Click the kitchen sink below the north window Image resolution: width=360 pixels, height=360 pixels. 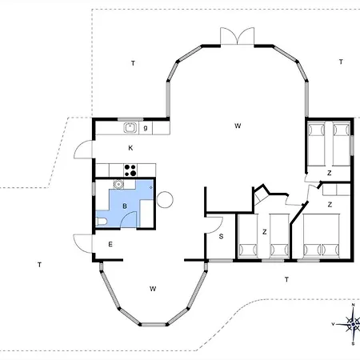130,127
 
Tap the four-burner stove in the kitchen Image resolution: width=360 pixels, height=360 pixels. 130,170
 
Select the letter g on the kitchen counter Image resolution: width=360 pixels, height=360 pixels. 146,128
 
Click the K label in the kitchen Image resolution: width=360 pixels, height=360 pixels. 130,148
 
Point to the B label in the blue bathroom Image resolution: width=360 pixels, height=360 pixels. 125,206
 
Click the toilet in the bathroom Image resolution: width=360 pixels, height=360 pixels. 101,222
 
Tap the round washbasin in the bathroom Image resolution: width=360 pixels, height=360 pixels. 118,184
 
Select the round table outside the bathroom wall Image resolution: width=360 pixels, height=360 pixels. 165,200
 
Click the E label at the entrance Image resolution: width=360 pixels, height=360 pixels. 110,244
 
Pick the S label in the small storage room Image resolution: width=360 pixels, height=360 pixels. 221,236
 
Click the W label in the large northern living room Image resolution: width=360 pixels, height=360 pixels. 238,126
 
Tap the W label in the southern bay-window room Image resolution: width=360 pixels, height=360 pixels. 153,289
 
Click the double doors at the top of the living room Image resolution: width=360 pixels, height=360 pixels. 237,36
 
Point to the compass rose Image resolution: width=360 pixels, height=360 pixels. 353,324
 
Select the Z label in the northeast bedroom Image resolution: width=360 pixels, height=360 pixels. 330,173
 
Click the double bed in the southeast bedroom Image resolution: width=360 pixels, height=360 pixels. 322,235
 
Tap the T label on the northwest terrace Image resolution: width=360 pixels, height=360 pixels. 133,63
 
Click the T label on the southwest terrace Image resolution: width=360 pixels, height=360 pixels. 39,265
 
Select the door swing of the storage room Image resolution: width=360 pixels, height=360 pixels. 214,226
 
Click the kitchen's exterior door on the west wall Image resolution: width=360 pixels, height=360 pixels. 83,150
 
